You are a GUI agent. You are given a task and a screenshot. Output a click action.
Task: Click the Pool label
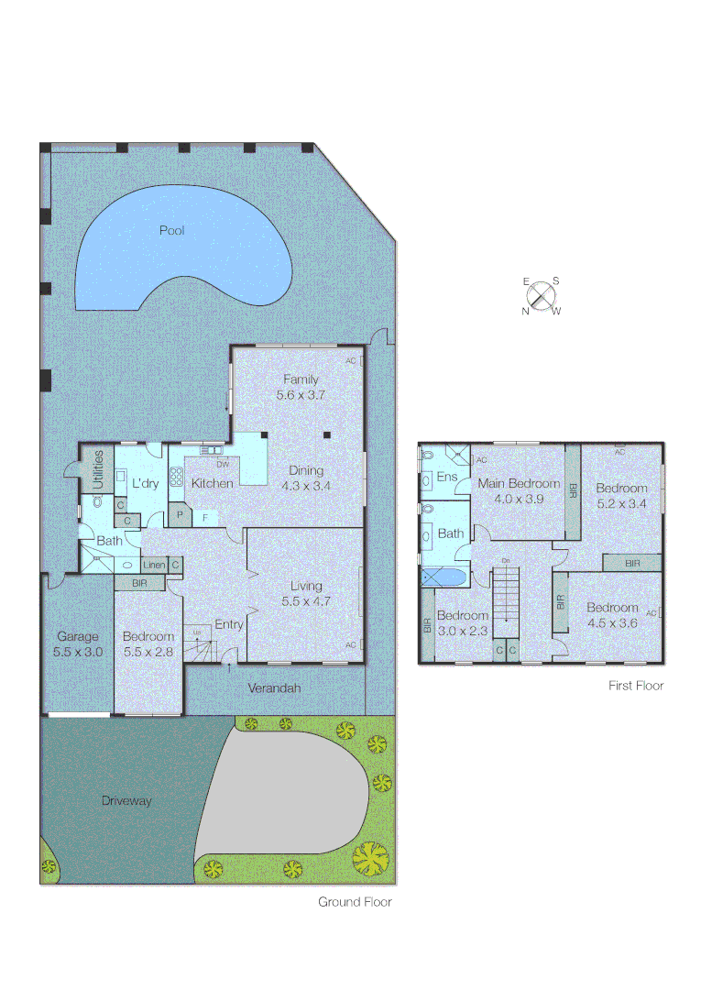pyautogui.click(x=171, y=230)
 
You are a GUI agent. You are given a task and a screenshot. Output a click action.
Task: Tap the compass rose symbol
pyautogui.click(x=542, y=296)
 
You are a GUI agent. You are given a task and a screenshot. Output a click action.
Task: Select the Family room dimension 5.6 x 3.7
pyautogui.click(x=301, y=395)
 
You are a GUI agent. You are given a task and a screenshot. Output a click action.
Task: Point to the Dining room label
pyautogui.click(x=305, y=471)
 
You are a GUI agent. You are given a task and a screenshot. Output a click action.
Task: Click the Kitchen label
pyautogui.click(x=212, y=483)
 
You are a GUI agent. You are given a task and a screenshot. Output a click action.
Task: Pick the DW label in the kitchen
pyautogui.click(x=222, y=465)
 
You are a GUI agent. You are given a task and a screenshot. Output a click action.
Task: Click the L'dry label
pyautogui.click(x=147, y=483)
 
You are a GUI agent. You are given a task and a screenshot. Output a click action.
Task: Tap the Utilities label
pyautogui.click(x=98, y=471)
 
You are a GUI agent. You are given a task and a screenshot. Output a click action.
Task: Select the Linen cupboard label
pyautogui.click(x=153, y=565)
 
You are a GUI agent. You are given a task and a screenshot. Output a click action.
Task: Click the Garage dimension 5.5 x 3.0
pyautogui.click(x=77, y=652)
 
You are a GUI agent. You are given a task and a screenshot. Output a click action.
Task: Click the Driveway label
pyautogui.click(x=126, y=800)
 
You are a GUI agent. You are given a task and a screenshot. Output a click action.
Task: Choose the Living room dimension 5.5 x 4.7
pyautogui.click(x=305, y=602)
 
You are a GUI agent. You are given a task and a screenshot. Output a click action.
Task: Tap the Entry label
pyautogui.click(x=229, y=625)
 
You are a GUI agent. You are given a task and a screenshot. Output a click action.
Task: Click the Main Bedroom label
pyautogui.click(x=519, y=483)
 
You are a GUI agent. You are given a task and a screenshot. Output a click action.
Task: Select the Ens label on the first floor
pyautogui.click(x=447, y=477)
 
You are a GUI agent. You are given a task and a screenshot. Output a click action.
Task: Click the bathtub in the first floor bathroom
pyautogui.click(x=444, y=577)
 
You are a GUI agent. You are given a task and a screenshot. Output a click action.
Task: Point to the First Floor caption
pyautogui.click(x=636, y=685)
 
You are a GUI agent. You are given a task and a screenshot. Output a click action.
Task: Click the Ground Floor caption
pyautogui.click(x=355, y=902)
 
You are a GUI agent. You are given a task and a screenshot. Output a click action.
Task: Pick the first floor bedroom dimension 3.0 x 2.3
pyautogui.click(x=463, y=632)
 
